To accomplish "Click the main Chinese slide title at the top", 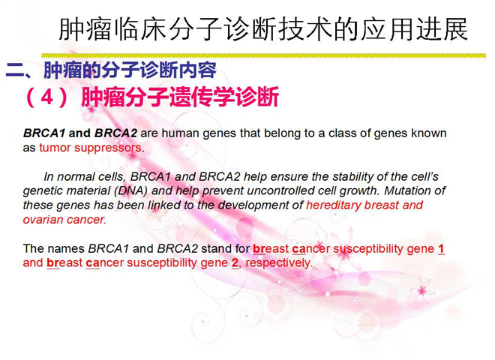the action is pyautogui.click(x=263, y=29).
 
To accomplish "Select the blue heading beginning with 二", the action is pyautogui.click(x=111, y=70).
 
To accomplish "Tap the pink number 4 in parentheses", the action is pyautogui.click(x=46, y=97).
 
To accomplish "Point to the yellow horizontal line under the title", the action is pyautogui.click(x=263, y=55).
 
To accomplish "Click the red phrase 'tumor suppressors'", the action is pyautogui.click(x=90, y=148).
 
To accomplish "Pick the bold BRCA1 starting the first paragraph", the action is pyautogui.click(x=44, y=133).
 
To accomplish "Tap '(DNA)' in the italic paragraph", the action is pyautogui.click(x=131, y=190).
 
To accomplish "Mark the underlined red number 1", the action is pyautogui.click(x=441, y=249).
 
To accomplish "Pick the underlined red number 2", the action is pyautogui.click(x=235, y=263).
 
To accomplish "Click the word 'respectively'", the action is pyautogui.click(x=277, y=263).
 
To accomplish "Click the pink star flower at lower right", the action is pyautogui.click(x=421, y=290).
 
